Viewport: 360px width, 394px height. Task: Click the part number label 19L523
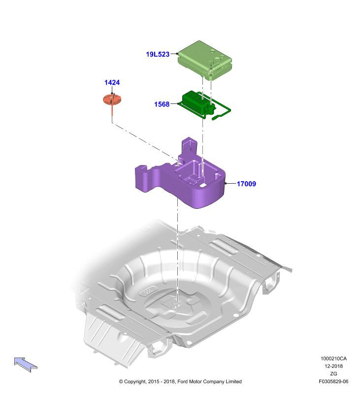158,54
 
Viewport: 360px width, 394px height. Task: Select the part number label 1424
112,82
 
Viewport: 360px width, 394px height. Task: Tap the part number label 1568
162,104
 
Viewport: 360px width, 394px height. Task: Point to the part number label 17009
246,184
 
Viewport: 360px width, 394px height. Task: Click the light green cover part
204,60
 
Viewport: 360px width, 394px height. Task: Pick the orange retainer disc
112,99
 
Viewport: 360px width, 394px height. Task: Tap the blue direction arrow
26,364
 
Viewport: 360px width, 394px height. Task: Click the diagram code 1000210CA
333,359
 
